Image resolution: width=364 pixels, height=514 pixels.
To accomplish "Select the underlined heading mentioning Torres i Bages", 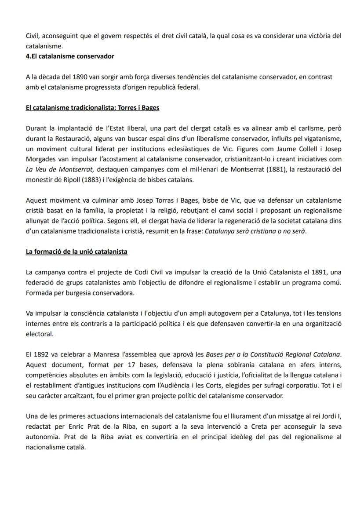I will point(92,108).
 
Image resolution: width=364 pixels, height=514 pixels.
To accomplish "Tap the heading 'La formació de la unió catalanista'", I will point(76,252).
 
